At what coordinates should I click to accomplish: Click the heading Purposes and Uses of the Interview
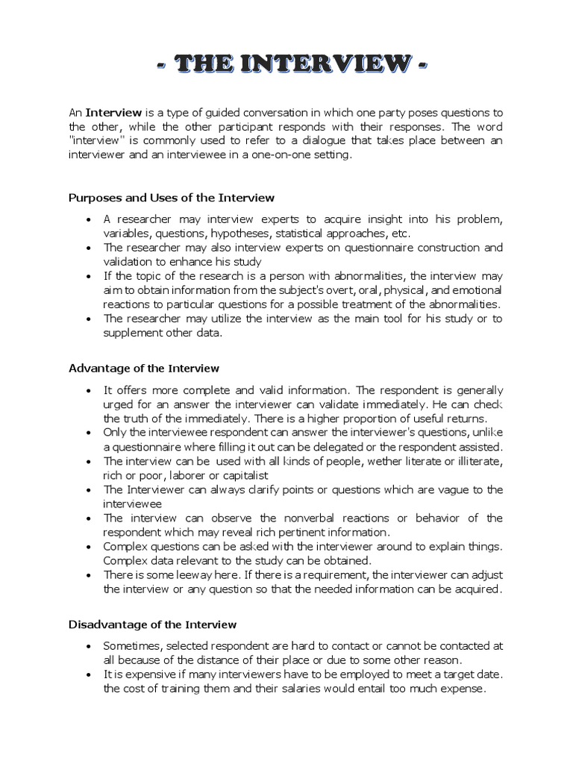pos(172,198)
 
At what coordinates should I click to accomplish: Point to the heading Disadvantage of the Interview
pos(152,624)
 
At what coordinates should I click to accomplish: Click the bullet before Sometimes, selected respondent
pos(88,646)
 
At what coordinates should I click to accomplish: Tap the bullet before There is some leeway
pos(88,575)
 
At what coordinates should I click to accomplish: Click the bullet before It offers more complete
pos(88,391)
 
